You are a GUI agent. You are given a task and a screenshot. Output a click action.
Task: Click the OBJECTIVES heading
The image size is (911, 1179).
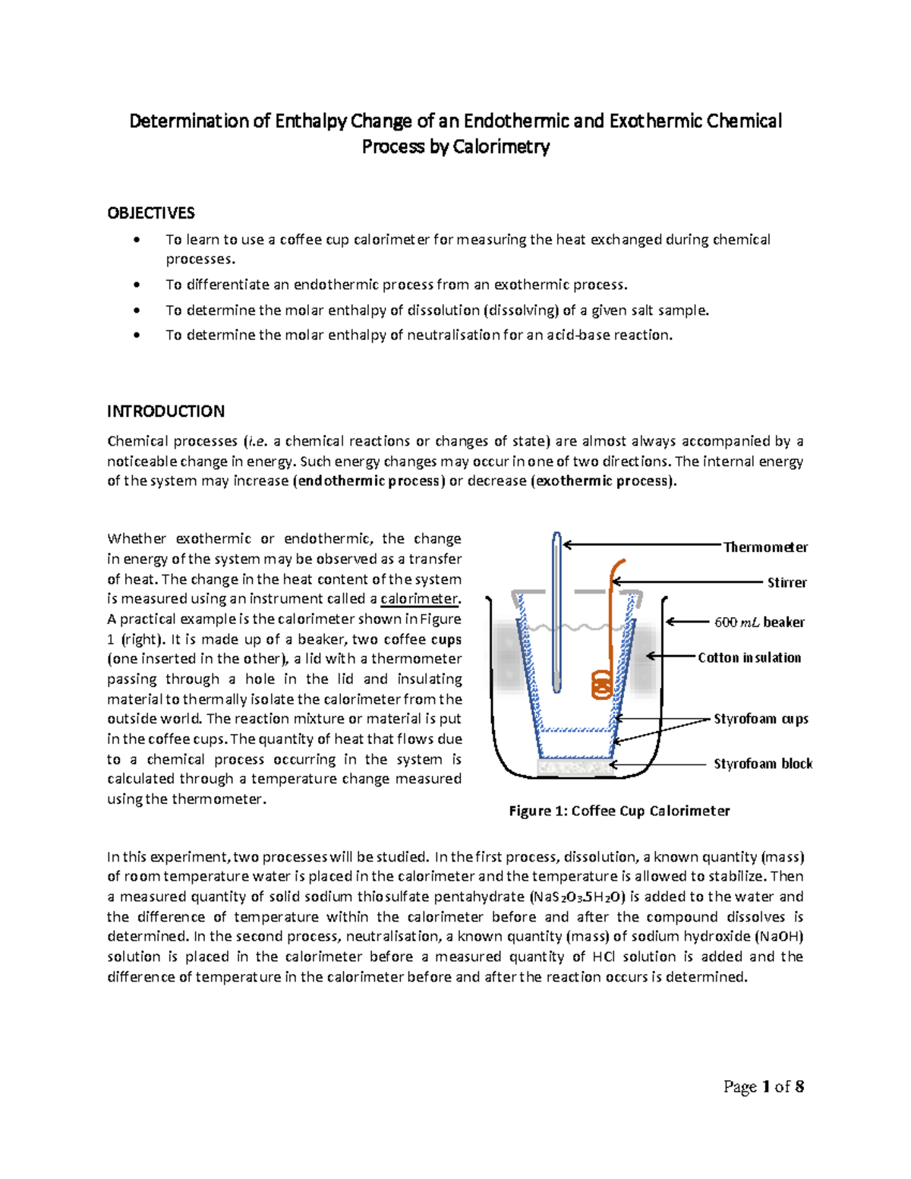(x=150, y=213)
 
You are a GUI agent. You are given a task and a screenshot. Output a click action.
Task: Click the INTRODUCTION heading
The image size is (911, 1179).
(x=165, y=411)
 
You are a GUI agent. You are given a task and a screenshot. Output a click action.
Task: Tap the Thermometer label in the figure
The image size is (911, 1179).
(x=764, y=547)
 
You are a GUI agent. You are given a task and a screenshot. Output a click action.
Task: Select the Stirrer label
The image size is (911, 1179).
(x=786, y=582)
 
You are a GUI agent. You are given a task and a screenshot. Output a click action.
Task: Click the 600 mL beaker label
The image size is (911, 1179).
(x=759, y=623)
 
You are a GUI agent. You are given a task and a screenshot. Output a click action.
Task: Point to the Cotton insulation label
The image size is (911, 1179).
(x=749, y=657)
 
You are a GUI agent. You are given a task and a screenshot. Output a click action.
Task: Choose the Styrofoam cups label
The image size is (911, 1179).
(x=761, y=718)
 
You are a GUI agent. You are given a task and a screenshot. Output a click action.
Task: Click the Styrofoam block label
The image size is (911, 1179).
(x=762, y=764)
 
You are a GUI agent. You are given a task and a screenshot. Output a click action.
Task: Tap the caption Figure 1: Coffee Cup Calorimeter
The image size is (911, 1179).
(x=619, y=811)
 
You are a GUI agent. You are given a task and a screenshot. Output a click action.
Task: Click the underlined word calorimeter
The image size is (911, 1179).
(x=420, y=599)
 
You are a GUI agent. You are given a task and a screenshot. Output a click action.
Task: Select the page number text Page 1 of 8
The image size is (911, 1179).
(x=763, y=1086)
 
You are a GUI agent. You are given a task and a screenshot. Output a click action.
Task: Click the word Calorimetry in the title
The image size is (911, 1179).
(x=501, y=147)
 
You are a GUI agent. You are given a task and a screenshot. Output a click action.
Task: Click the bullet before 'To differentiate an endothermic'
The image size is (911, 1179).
(x=137, y=285)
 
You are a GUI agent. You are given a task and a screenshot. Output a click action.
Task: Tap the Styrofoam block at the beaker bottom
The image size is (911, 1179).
(x=575, y=768)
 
